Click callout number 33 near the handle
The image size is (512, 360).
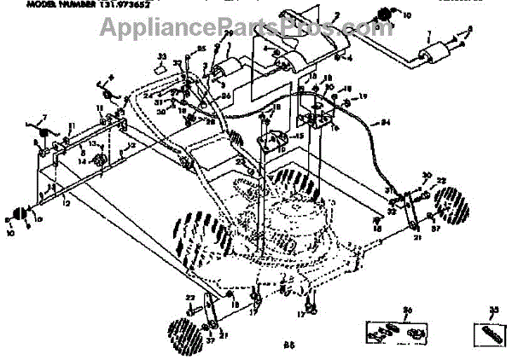point(162,56)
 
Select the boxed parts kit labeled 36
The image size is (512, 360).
point(395,328)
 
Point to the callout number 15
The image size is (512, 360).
point(298,137)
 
